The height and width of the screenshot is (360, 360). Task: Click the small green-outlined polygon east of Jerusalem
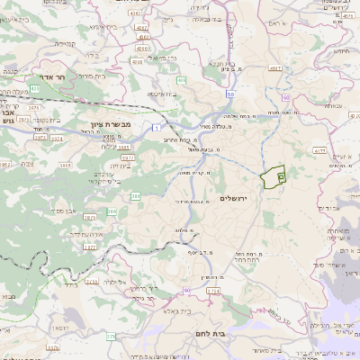[x=272, y=176]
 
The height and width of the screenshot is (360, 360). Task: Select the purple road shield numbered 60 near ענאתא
[x=285, y=96]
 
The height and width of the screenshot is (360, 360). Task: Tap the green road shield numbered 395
[x=136, y=195]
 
